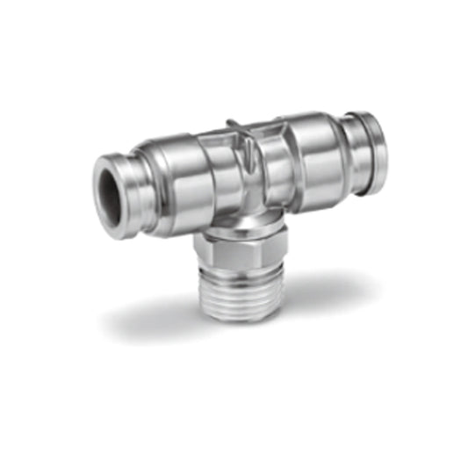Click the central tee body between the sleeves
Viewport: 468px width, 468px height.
(235, 176)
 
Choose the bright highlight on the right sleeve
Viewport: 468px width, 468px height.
(307, 136)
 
